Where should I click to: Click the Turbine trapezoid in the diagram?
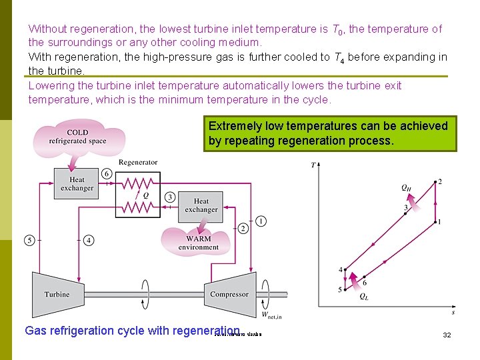point(57,293)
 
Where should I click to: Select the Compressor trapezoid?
point(229,293)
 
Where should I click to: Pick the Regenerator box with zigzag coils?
point(138,195)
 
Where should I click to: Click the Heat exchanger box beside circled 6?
point(77,183)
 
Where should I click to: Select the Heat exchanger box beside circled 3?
point(201,205)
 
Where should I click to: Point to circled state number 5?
point(29,240)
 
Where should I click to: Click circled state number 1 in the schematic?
point(261,221)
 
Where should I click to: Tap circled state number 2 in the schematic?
point(243,229)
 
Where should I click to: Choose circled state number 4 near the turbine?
point(89,240)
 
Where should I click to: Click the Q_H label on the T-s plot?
point(406,188)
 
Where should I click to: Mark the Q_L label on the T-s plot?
point(363,297)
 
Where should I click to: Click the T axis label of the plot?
point(313,165)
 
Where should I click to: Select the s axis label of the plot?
point(453,311)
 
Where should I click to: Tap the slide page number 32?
point(447,335)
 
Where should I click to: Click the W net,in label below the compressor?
point(271,314)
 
